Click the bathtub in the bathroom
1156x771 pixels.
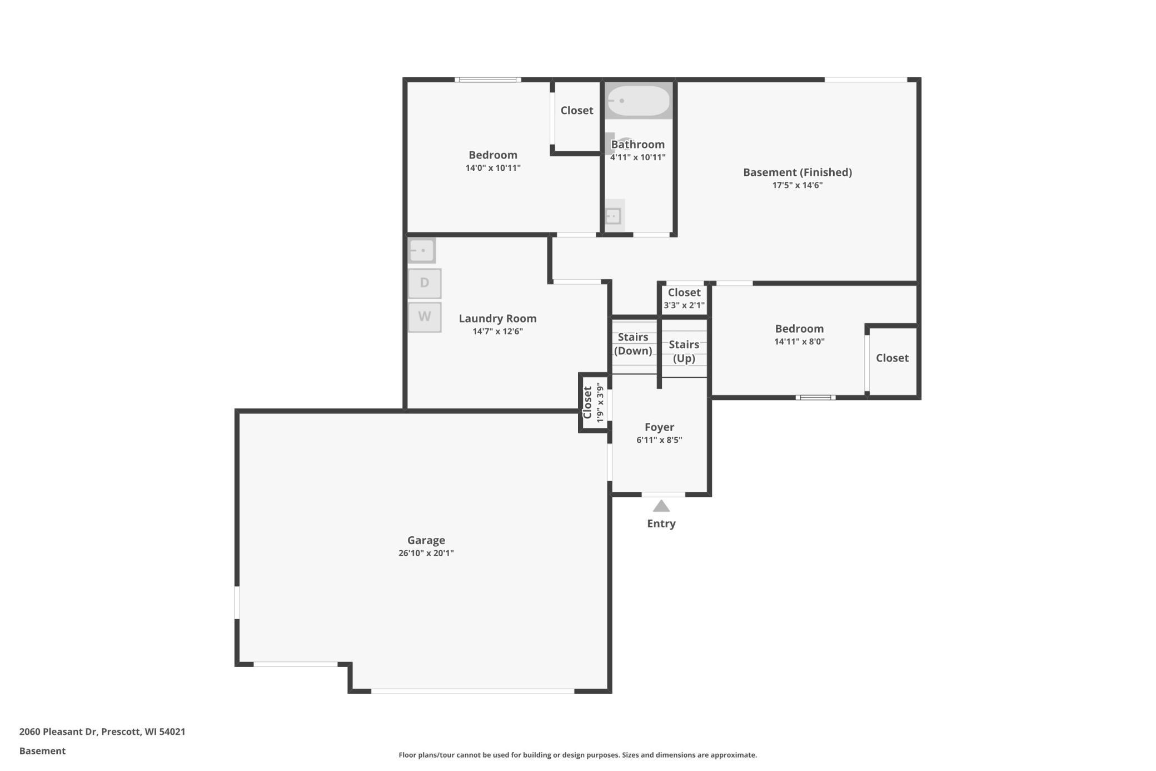(x=639, y=101)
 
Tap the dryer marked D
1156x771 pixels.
(x=425, y=283)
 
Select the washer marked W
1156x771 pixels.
(x=425, y=317)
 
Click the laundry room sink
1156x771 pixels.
(x=422, y=250)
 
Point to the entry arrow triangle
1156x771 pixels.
(x=661, y=506)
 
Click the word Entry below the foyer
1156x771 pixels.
(x=661, y=523)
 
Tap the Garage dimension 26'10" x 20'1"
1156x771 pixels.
(x=426, y=553)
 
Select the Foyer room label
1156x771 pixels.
(x=659, y=427)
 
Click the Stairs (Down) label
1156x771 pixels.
(x=633, y=344)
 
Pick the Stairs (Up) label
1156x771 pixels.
(x=684, y=351)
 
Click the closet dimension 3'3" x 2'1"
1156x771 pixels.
(x=684, y=305)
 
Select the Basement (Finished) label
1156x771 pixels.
(x=798, y=172)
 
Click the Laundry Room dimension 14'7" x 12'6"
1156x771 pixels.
(x=498, y=332)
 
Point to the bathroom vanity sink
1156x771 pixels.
(x=614, y=216)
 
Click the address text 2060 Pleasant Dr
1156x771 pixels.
(x=58, y=732)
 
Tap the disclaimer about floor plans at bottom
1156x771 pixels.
(x=578, y=755)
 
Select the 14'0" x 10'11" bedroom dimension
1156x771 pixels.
(x=493, y=168)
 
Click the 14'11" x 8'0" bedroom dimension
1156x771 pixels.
(x=800, y=342)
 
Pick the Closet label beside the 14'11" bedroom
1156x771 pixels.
(x=893, y=358)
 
